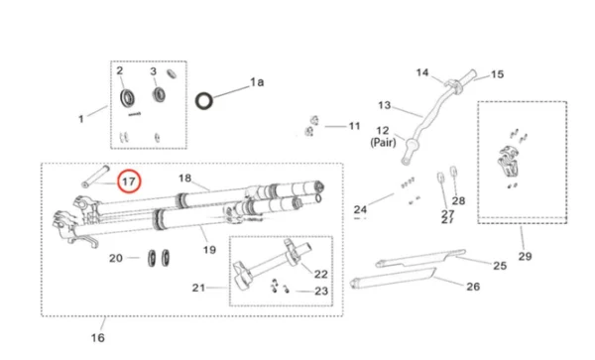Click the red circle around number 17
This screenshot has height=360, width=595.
pyautogui.click(x=128, y=181)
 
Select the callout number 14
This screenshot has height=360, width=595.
pyautogui.click(x=421, y=72)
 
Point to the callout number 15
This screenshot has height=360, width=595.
pyautogui.click(x=497, y=73)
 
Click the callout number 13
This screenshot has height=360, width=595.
pyautogui.click(x=385, y=104)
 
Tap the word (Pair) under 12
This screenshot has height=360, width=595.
pyautogui.click(x=384, y=143)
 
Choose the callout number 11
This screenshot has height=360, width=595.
pyautogui.click(x=354, y=126)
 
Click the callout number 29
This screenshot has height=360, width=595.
pyautogui.click(x=525, y=256)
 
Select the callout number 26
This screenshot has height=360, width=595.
pyautogui.click(x=472, y=287)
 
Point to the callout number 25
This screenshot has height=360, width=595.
pyautogui.click(x=500, y=266)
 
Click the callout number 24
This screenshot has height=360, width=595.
pyautogui.click(x=360, y=209)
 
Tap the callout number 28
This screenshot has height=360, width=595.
pyautogui.click(x=458, y=200)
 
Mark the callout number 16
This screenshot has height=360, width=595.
pyautogui.click(x=97, y=338)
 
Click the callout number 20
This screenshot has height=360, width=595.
pyautogui.click(x=116, y=258)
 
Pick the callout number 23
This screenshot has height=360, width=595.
pyautogui.click(x=320, y=291)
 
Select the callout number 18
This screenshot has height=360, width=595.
pyautogui.click(x=184, y=178)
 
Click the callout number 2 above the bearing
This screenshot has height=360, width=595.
pyautogui.click(x=120, y=71)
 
